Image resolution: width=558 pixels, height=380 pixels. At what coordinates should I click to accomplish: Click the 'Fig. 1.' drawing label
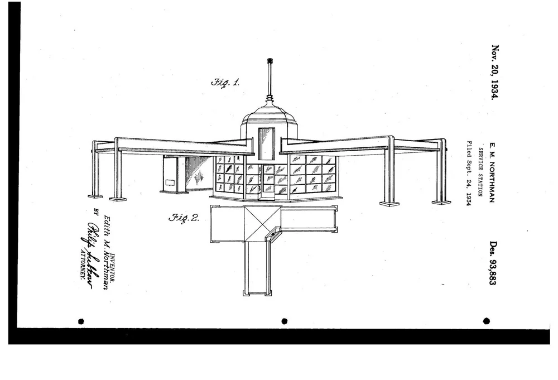225,83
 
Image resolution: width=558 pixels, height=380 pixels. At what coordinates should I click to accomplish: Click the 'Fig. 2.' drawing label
184,218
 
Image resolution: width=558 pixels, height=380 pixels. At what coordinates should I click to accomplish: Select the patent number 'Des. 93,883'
492,263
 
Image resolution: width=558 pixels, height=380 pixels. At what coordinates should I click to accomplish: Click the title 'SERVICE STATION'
480,171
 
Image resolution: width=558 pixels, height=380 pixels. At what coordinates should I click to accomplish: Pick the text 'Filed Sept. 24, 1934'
470,172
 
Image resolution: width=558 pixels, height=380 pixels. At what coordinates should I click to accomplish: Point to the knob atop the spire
270,60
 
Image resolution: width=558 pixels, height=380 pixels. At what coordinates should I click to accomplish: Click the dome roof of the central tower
269,114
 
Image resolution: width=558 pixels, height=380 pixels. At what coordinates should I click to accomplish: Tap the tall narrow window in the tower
266,143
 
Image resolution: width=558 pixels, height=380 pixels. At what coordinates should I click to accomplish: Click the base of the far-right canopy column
441,202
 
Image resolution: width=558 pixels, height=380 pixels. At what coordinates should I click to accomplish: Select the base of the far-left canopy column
95,196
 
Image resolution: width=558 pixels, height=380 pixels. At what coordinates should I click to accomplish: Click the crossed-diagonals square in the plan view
262,223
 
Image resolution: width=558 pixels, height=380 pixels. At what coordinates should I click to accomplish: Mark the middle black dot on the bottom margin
284,321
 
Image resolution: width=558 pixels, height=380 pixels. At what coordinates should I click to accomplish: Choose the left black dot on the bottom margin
81,321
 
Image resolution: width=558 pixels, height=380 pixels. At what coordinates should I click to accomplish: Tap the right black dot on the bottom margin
486,321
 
